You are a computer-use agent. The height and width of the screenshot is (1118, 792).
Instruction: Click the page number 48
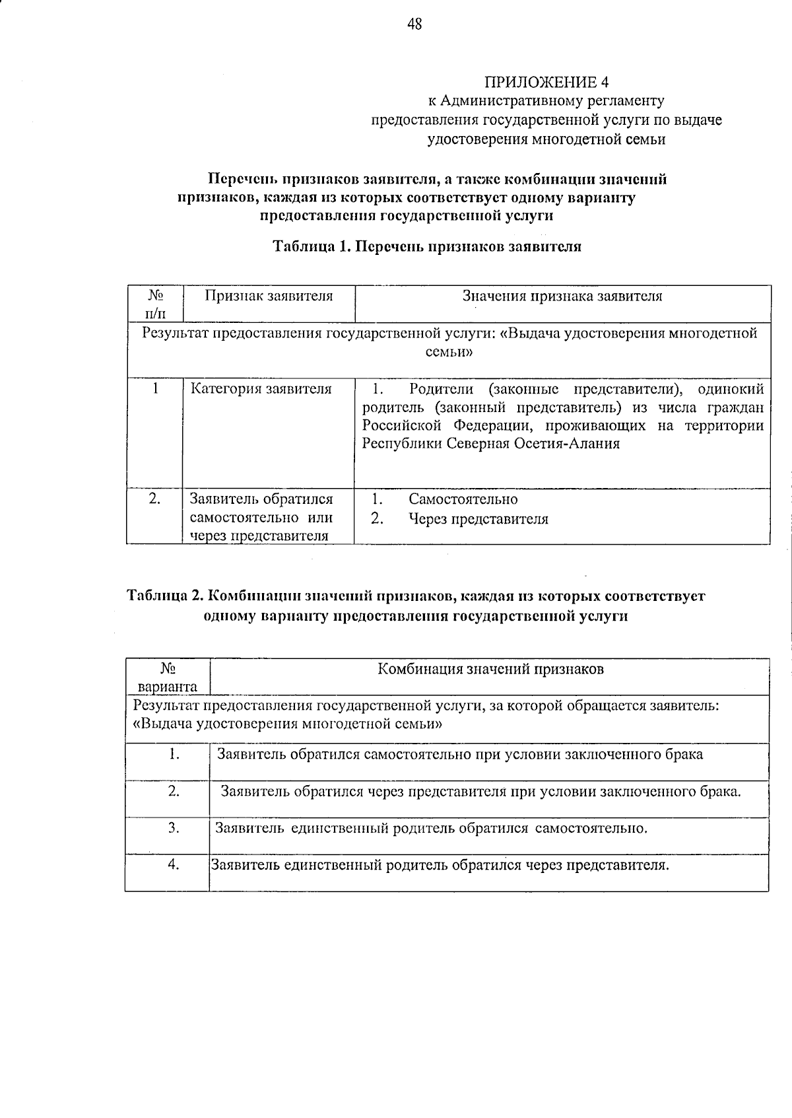click(414, 24)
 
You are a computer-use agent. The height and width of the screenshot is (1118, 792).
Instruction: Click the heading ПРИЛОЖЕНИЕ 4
click(546, 83)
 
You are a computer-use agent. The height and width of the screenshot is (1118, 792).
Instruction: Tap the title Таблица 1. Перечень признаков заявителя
click(427, 247)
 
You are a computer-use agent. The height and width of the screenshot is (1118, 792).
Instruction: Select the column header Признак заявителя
click(269, 297)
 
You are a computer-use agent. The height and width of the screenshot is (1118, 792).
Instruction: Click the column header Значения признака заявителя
click(562, 297)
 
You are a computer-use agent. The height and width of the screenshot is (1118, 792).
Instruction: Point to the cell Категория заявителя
click(261, 389)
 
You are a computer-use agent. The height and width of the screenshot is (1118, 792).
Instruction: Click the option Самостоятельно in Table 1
click(463, 499)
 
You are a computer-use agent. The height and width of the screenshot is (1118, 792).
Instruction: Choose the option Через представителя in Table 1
click(478, 519)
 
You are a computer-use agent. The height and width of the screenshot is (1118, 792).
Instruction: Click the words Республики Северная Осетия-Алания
click(490, 444)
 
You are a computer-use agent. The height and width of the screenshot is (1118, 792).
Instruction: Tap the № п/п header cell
click(154, 303)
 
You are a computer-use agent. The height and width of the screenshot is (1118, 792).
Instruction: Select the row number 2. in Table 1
click(154, 499)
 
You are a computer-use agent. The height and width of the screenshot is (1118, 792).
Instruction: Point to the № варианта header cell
click(168, 677)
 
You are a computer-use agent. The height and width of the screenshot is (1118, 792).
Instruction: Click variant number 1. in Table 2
click(174, 754)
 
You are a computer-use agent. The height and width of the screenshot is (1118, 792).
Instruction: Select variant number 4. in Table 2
click(174, 865)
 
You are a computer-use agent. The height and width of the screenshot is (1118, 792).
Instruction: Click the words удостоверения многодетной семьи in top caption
click(546, 139)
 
